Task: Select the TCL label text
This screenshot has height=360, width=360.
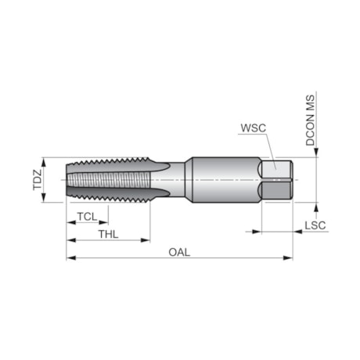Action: tap(88, 216)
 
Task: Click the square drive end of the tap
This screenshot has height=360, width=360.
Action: tap(277, 179)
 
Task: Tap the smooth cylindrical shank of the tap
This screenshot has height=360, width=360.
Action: tap(223, 179)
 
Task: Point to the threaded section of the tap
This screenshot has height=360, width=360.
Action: tap(110, 179)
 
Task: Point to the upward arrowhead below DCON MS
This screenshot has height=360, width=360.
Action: tap(315, 207)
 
